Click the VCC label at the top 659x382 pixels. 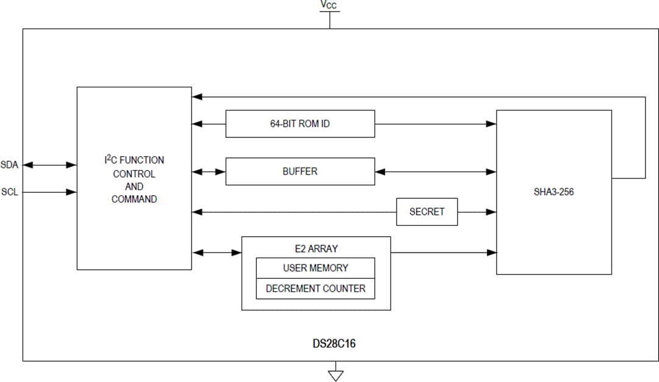328,5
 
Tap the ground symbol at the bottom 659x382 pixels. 336,374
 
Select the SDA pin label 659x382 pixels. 9,165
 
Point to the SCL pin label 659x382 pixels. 9,192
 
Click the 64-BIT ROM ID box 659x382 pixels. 300,124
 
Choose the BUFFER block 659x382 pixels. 300,171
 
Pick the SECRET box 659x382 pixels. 427,212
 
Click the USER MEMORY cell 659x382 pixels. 315,268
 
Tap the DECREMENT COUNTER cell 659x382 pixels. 315,289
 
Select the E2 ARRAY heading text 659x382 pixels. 315,248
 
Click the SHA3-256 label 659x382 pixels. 553,192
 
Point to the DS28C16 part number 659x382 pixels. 334,344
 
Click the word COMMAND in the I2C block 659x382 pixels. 134,199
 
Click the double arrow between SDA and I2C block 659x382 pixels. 49,165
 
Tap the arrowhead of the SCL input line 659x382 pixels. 72,192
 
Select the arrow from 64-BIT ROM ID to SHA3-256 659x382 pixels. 435,124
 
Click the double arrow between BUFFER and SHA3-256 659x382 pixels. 435,172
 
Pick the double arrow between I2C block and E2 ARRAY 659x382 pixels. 217,252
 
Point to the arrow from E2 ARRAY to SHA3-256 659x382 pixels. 443,252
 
